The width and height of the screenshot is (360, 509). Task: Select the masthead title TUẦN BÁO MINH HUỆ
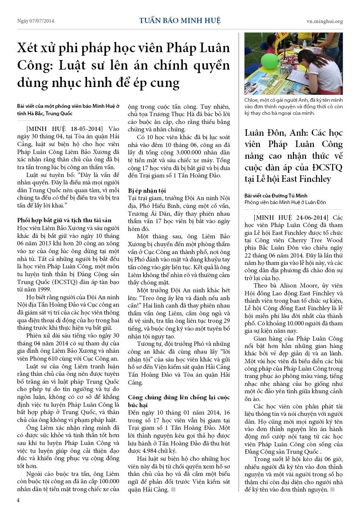pyautogui.click(x=180, y=20)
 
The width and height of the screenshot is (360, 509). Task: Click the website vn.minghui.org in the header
pyautogui.click(x=324, y=21)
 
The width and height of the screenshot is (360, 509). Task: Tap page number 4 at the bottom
pyautogui.click(x=18, y=500)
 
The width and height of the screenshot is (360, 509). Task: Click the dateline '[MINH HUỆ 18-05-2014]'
pyautogui.click(x=64, y=128)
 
